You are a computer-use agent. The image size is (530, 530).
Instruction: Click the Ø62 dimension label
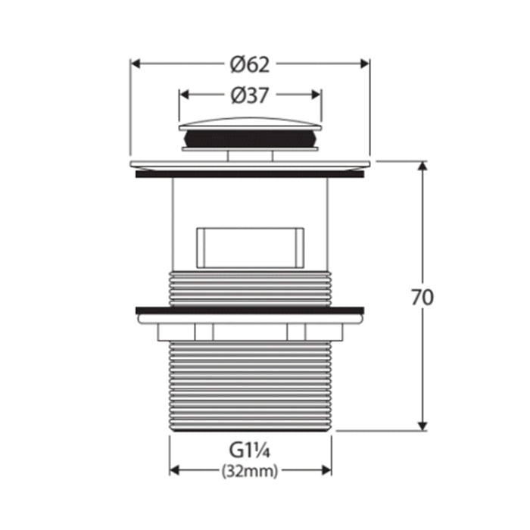[x=250, y=64]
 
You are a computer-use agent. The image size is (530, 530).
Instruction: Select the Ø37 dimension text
[x=250, y=95]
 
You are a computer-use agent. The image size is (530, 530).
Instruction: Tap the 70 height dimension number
[x=422, y=298]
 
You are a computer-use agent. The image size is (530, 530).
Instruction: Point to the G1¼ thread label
[x=250, y=450]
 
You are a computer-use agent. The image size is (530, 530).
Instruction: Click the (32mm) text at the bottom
[x=250, y=470]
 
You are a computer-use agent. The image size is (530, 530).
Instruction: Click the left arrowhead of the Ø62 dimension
[x=136, y=64]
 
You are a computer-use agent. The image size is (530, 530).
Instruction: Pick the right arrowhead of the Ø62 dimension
[x=365, y=64]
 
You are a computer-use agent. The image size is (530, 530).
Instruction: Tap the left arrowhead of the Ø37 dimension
[x=183, y=95]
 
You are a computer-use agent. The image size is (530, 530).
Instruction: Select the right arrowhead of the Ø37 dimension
[x=316, y=95]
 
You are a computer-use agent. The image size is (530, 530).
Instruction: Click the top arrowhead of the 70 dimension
[x=422, y=167]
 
